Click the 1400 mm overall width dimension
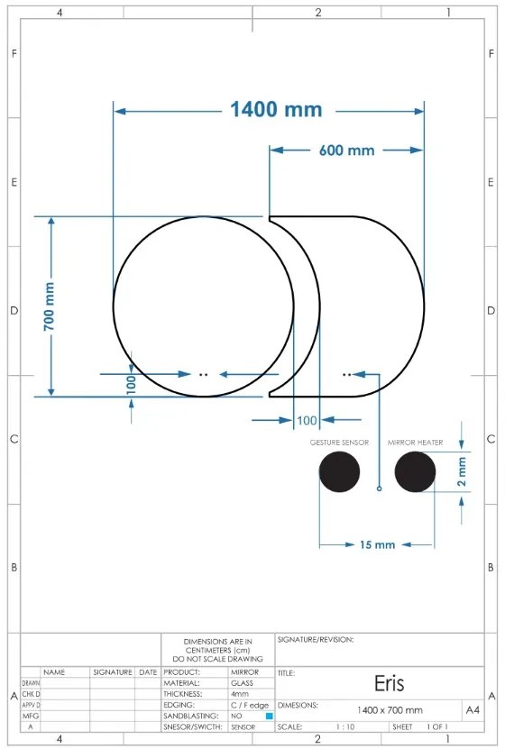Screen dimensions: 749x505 pyautogui.click(x=275, y=110)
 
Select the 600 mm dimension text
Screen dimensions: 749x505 pyautogui.click(x=346, y=151)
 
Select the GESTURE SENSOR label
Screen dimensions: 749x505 pyautogui.click(x=339, y=443)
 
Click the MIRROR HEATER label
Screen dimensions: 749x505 pyautogui.click(x=415, y=443)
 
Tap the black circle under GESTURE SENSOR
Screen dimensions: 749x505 pyautogui.click(x=339, y=472)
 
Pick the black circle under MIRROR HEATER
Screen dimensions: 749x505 pyautogui.click(x=415, y=472)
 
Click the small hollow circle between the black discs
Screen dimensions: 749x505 pyautogui.click(x=379, y=489)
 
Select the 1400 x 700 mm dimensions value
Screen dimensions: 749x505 pyautogui.click(x=390, y=710)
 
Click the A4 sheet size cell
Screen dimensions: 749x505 pyautogui.click(x=472, y=710)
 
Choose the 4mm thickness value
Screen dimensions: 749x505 pyautogui.click(x=240, y=694)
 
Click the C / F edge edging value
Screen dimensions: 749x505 pyautogui.click(x=250, y=705)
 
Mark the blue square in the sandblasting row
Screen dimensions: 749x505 pyautogui.click(x=269, y=716)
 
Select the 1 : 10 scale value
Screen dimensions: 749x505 pyautogui.click(x=344, y=726)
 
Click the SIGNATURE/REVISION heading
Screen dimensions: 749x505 pyautogui.click(x=315, y=640)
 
